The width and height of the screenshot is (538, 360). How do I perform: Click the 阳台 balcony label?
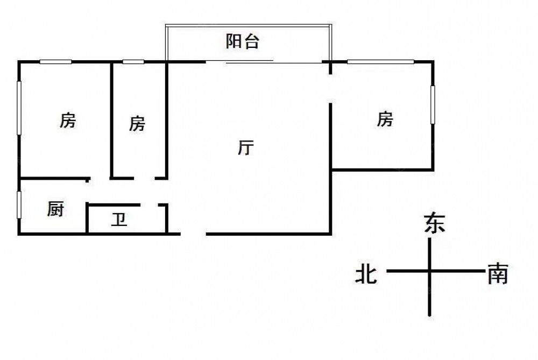point(242,42)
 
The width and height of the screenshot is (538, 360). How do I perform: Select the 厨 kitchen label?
point(55,209)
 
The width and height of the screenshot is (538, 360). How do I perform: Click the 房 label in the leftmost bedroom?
point(67,121)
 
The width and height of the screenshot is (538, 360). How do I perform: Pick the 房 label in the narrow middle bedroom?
point(137,124)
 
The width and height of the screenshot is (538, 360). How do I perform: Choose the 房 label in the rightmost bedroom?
point(385,119)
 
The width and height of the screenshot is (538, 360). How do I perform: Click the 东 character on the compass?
point(435,223)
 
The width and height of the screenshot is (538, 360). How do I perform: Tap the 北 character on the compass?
point(365,275)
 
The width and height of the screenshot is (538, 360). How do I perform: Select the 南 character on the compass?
point(497,275)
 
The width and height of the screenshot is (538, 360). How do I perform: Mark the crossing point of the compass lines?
point(429,271)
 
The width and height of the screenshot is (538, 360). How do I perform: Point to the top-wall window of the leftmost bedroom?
point(55,62)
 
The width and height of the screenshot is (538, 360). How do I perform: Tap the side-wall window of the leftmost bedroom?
point(19,108)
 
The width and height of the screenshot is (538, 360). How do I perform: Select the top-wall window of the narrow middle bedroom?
point(133,62)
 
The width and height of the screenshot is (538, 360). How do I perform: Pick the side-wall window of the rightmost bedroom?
point(433,105)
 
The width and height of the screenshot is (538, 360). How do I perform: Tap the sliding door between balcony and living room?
point(249,62)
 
